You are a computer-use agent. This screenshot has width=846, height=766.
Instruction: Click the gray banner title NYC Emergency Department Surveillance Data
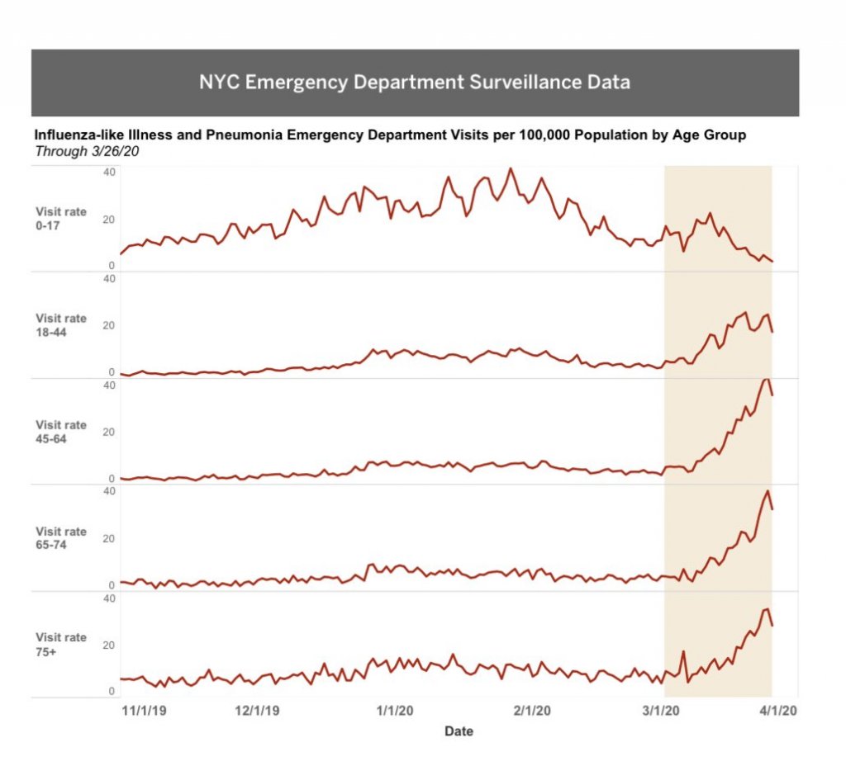click(x=414, y=83)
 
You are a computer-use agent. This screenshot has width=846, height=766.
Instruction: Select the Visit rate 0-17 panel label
click(x=60, y=218)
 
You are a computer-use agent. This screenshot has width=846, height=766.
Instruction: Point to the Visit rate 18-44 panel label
click(x=60, y=325)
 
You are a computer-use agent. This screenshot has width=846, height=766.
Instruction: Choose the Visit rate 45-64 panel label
click(x=60, y=432)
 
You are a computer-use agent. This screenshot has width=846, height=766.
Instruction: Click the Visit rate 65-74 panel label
click(x=60, y=538)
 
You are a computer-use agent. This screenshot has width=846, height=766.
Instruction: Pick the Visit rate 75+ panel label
click(x=60, y=645)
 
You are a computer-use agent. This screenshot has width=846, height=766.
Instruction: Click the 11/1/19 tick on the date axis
click(x=145, y=711)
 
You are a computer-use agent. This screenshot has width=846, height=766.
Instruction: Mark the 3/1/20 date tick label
click(x=661, y=711)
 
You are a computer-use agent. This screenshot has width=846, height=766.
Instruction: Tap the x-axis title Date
click(x=459, y=731)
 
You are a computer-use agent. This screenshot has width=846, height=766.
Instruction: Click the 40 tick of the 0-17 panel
click(x=109, y=172)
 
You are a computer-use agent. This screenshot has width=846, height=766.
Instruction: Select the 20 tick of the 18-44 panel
click(x=109, y=325)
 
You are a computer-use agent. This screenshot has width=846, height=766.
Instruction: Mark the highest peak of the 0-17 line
click(x=511, y=169)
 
